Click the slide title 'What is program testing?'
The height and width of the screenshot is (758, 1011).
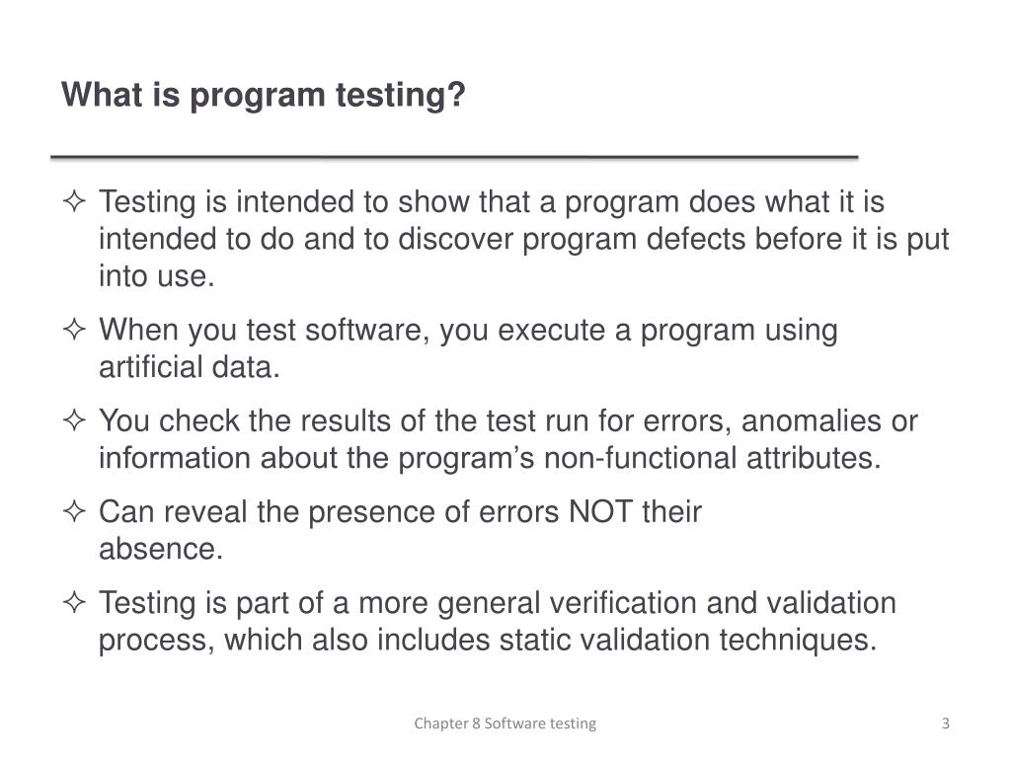coord(263,96)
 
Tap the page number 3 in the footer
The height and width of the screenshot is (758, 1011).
coord(945,723)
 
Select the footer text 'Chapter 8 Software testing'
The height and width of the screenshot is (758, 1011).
coord(505,723)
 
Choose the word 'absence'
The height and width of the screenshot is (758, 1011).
coord(160,550)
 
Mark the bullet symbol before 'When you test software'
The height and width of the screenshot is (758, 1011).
coord(74,331)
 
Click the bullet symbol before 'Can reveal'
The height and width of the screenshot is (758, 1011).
coord(74,512)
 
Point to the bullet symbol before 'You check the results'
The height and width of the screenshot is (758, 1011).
coord(74,421)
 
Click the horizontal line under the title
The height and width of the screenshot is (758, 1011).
coord(454,157)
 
